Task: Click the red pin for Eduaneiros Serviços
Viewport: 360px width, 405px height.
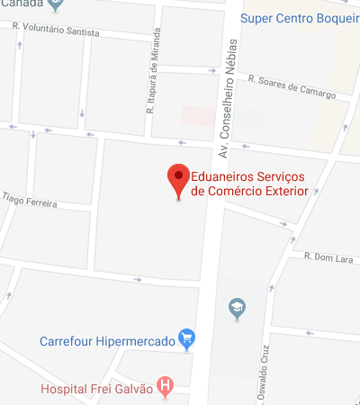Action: (179, 180)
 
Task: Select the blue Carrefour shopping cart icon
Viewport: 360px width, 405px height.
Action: (187, 339)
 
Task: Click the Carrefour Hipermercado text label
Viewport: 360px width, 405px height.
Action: (107, 341)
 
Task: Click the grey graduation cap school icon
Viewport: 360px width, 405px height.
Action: (237, 308)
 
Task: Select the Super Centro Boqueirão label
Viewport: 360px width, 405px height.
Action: (301, 17)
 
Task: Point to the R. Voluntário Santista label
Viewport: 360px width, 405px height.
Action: (56, 39)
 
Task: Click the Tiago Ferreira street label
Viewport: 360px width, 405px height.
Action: (29, 200)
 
